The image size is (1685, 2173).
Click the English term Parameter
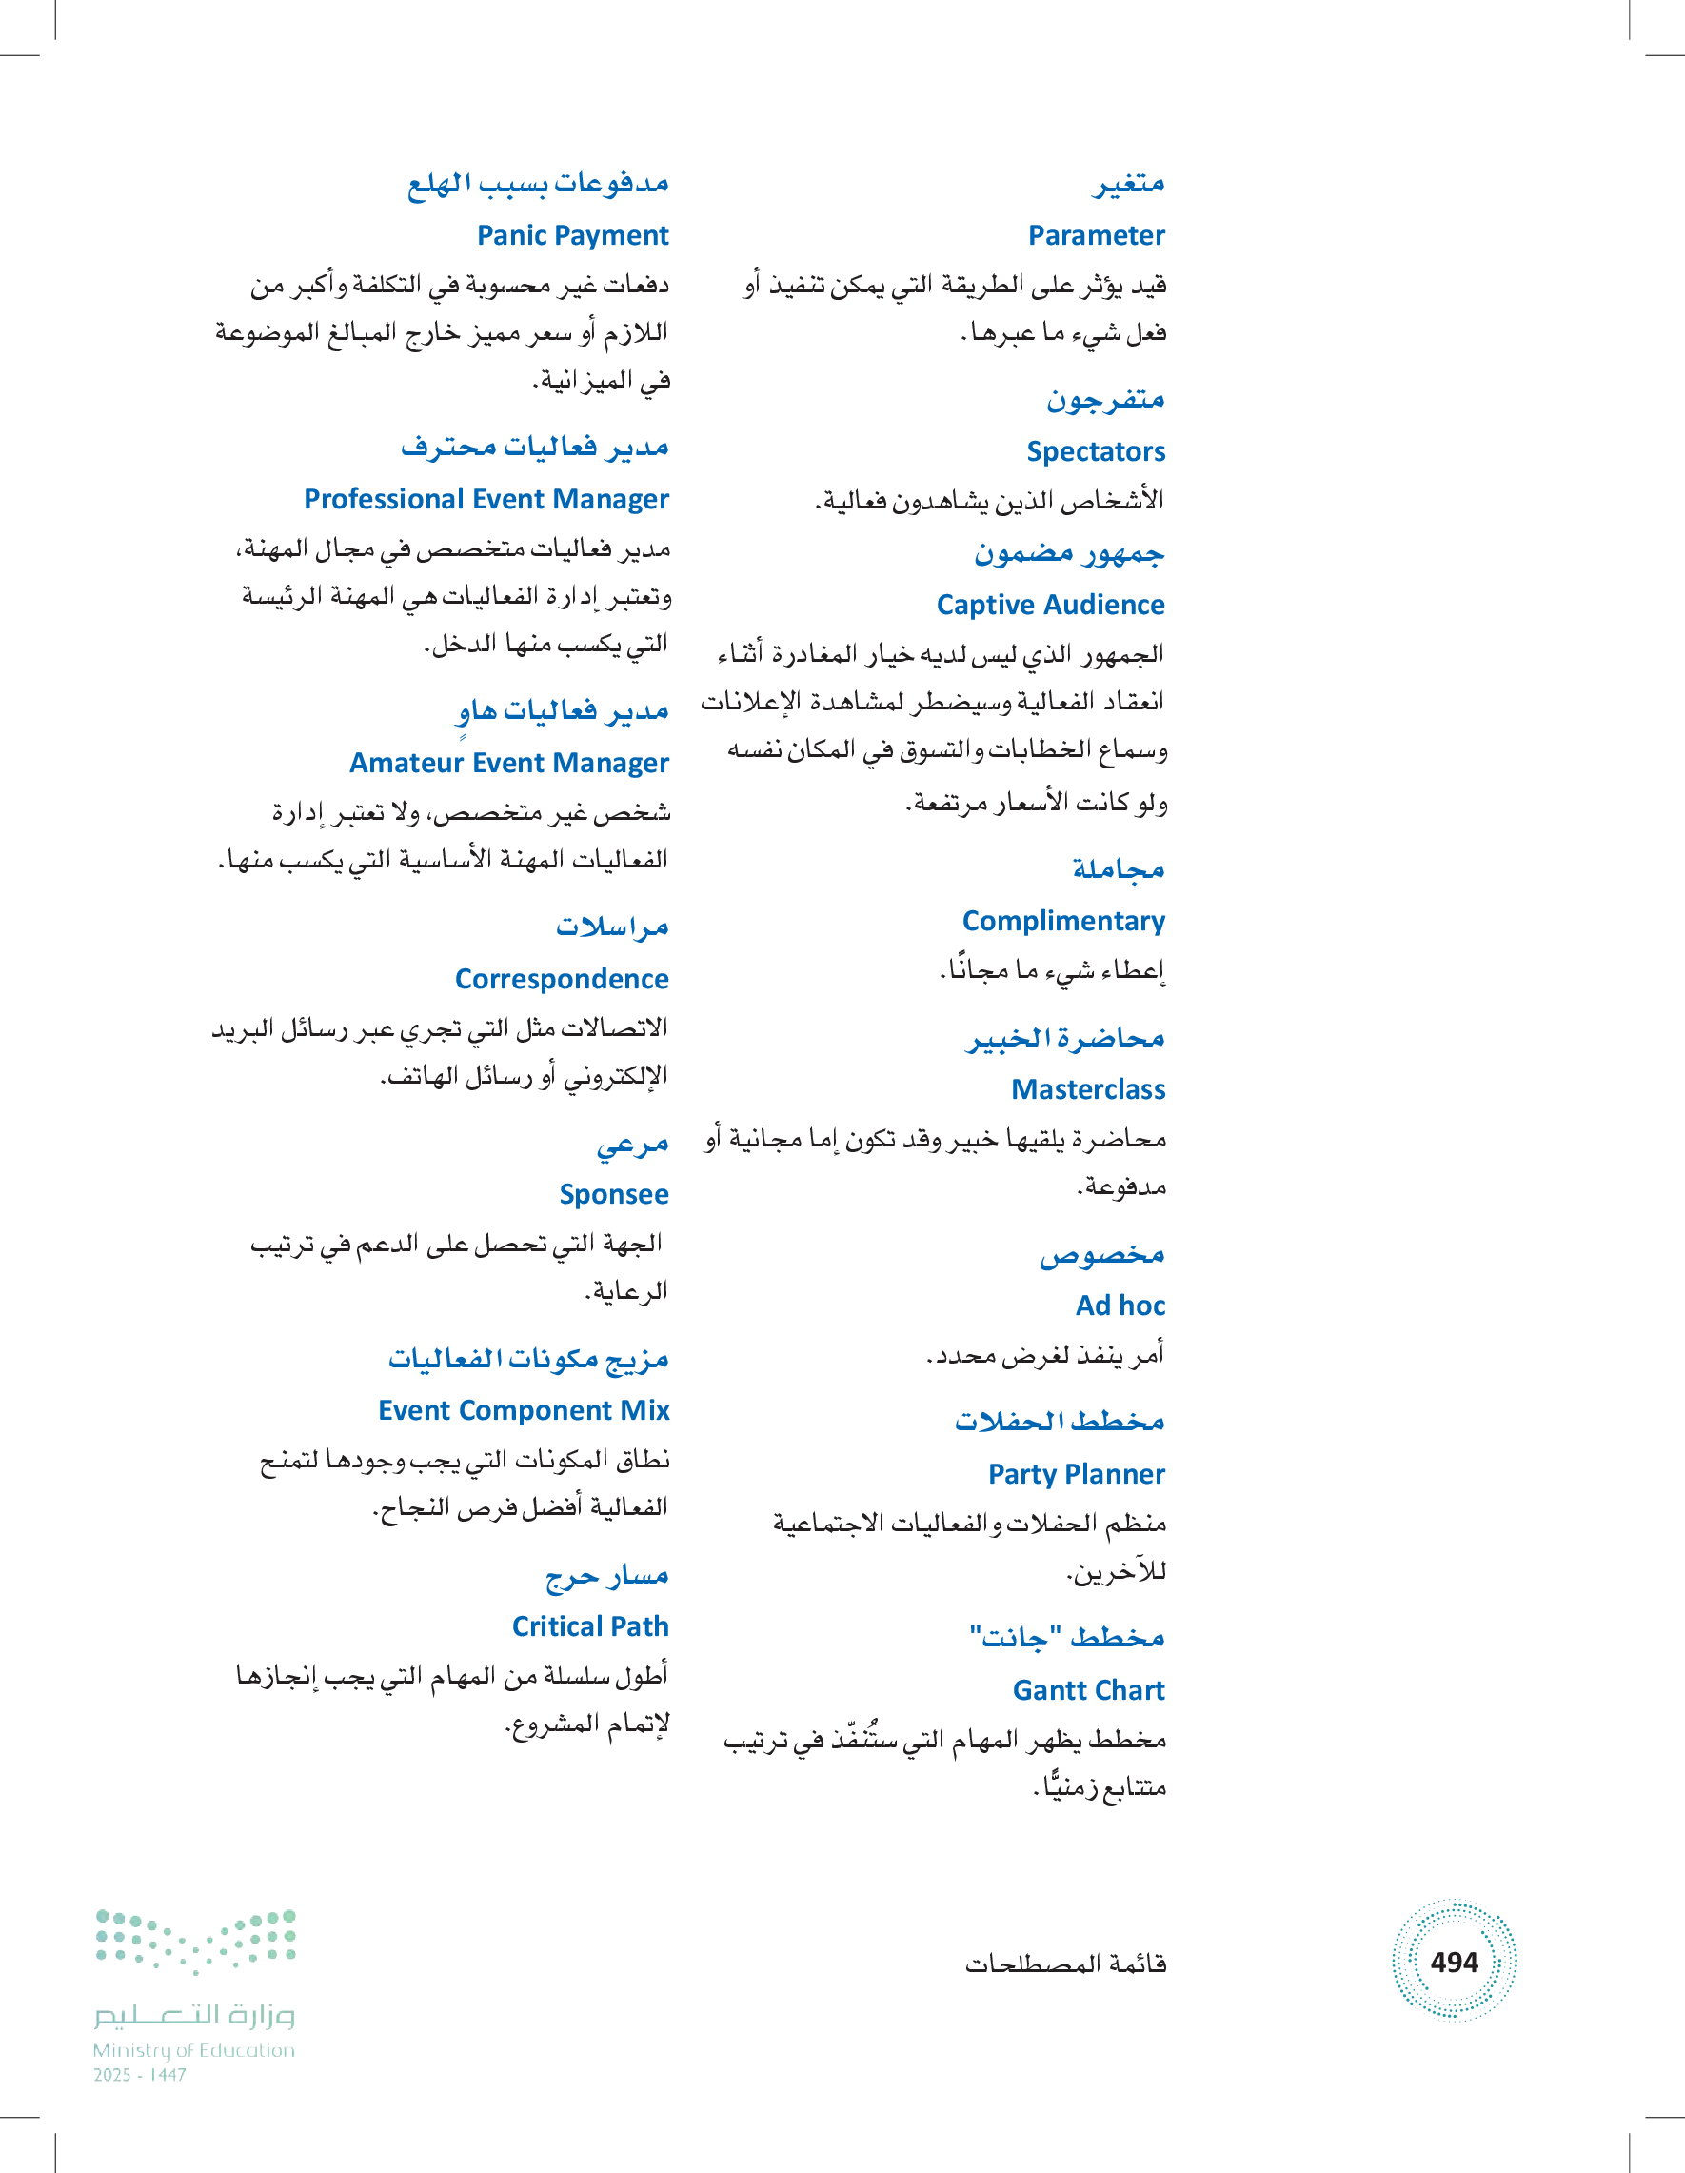click(1096, 236)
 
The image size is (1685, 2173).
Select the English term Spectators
click(1095, 451)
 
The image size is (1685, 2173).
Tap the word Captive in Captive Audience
click(981, 605)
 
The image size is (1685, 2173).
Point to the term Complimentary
click(1063, 922)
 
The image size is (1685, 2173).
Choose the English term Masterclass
click(1088, 1089)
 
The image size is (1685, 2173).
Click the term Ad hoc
click(1120, 1306)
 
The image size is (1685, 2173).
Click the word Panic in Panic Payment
click(511, 236)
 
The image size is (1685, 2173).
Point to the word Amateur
click(406, 763)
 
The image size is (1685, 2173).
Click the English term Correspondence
click(562, 979)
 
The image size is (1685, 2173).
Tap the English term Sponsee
click(614, 1194)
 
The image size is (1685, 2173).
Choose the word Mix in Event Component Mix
click(644, 1411)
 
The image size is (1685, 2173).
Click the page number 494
click(1455, 1962)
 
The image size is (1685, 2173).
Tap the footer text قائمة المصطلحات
click(1065, 1964)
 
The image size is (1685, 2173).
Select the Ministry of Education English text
click(194, 2050)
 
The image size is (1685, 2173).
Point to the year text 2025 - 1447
click(140, 2076)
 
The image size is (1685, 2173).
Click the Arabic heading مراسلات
click(612, 927)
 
